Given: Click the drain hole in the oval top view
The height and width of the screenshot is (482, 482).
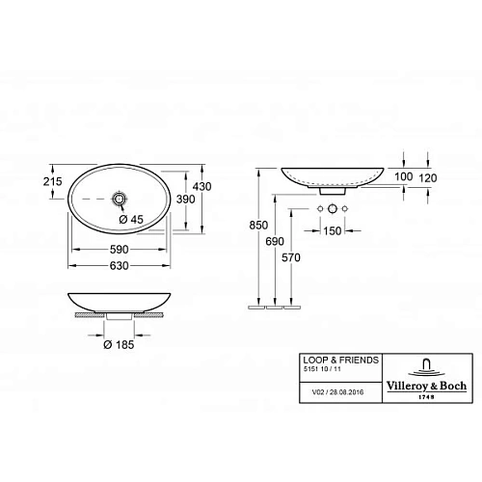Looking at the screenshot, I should pyautogui.click(x=119, y=198).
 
